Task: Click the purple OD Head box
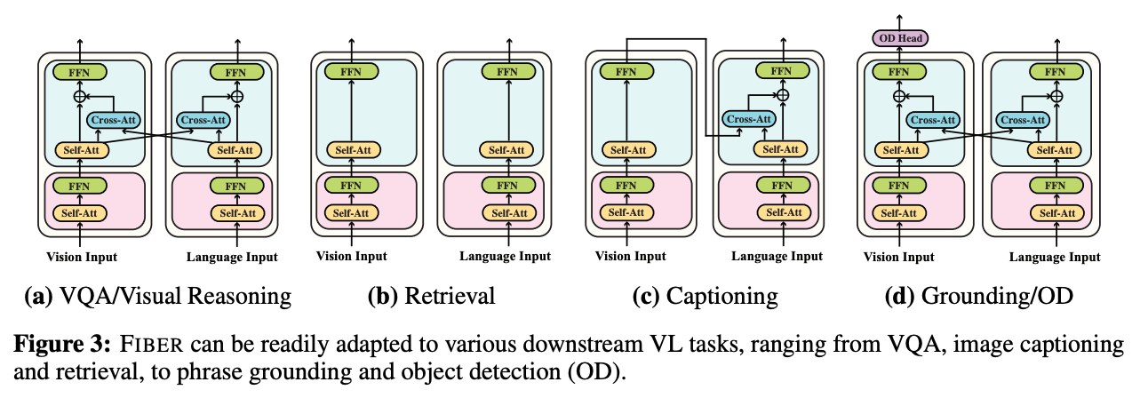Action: [899, 38]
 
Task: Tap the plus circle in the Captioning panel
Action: [782, 95]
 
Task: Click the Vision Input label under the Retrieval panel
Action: [353, 256]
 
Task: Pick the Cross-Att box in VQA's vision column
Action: [112, 119]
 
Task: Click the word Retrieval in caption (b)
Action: [449, 296]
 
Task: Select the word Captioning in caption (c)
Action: [721, 296]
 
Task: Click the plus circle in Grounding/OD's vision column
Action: [899, 95]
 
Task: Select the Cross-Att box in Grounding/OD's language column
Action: [1023, 119]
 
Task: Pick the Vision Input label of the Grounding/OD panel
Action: [899, 256]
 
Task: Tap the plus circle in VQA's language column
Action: [236, 95]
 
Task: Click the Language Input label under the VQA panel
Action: [233, 256]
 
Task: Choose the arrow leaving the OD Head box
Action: [899, 20]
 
